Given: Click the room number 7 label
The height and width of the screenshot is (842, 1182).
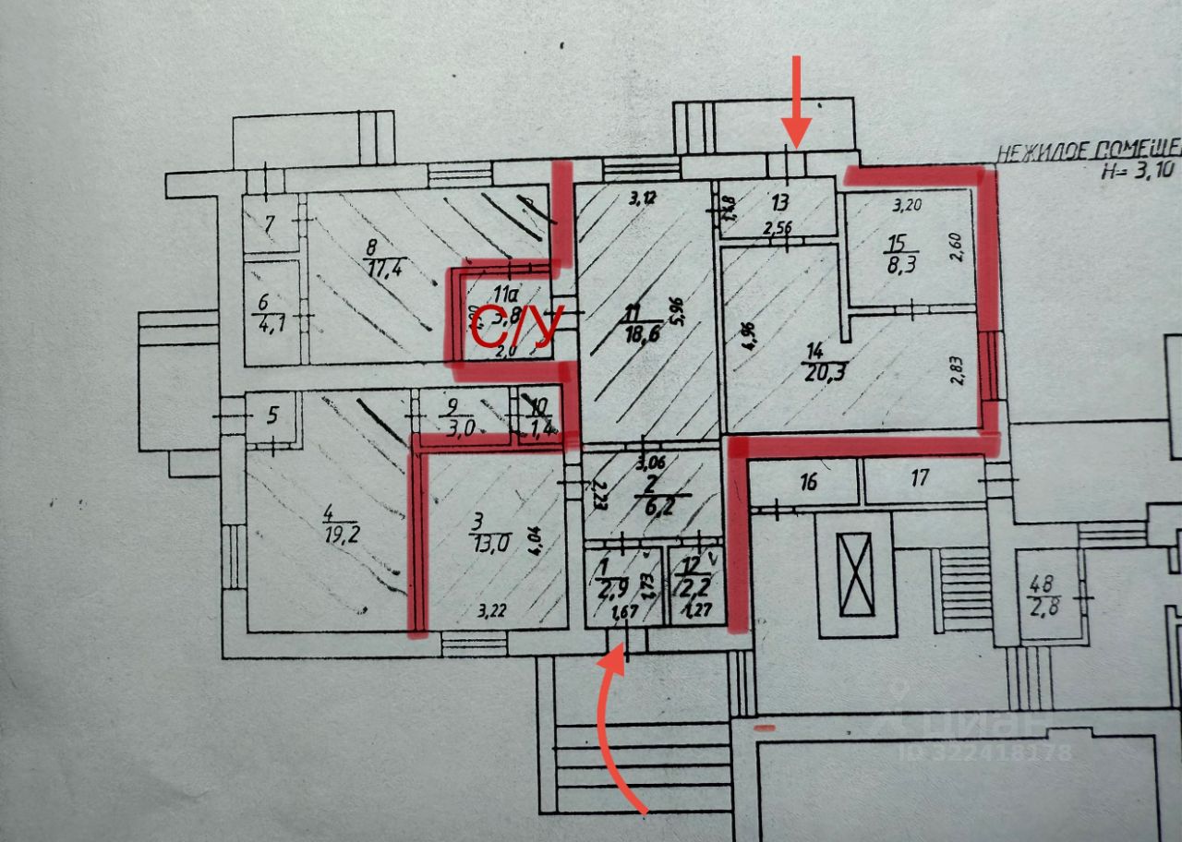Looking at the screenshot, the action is coord(269,223).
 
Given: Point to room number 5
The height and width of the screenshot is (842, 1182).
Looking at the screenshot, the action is coord(271,415).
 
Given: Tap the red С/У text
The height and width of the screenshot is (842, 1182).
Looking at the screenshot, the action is coord(515,326).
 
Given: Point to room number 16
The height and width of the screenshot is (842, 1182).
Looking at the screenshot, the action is coord(809,481).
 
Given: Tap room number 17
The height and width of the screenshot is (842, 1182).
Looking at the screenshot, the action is coord(919,478).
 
